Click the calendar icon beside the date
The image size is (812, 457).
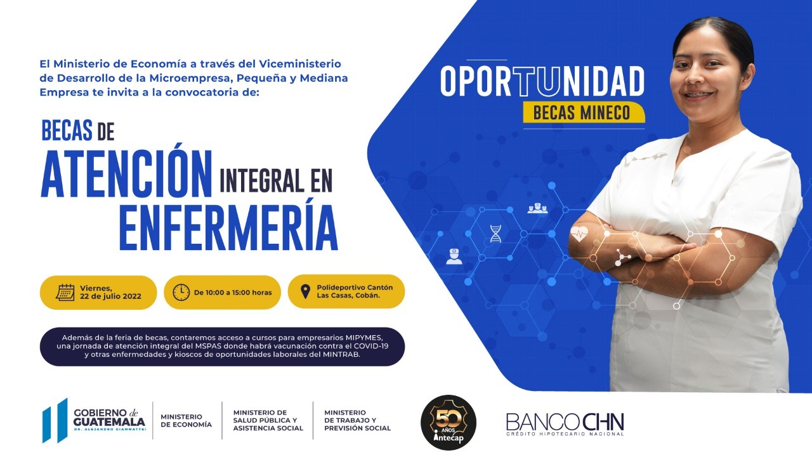pyautogui.click(x=65, y=293)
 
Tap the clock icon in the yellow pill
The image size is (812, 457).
pyautogui.click(x=181, y=293)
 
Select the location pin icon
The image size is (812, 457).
pyautogui.click(x=306, y=291)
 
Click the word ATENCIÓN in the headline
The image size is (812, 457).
pyautogui.click(x=126, y=174)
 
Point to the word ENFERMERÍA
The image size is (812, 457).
pyautogui.click(x=228, y=228)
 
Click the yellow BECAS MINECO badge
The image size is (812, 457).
pyautogui.click(x=584, y=112)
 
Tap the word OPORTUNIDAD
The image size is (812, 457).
pyautogui.click(x=542, y=81)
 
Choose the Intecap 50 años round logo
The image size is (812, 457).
pyautogui.click(x=449, y=423)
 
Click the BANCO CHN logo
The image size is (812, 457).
pyautogui.click(x=565, y=423)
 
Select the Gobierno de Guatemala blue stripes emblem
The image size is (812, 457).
pyautogui.click(x=55, y=421)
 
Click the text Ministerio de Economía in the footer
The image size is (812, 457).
pyautogui.click(x=186, y=421)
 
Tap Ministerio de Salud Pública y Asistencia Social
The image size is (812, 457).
pyautogui.click(x=268, y=420)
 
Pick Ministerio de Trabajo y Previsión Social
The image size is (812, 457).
pyautogui.click(x=357, y=420)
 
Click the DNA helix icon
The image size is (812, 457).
pyautogui.click(x=495, y=234)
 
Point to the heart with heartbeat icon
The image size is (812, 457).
pyautogui.click(x=579, y=234)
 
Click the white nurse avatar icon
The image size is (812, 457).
pyautogui.click(x=454, y=256)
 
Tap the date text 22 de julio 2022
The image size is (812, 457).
pyautogui.click(x=110, y=296)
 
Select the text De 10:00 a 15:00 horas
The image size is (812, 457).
pyautogui.click(x=233, y=293)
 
